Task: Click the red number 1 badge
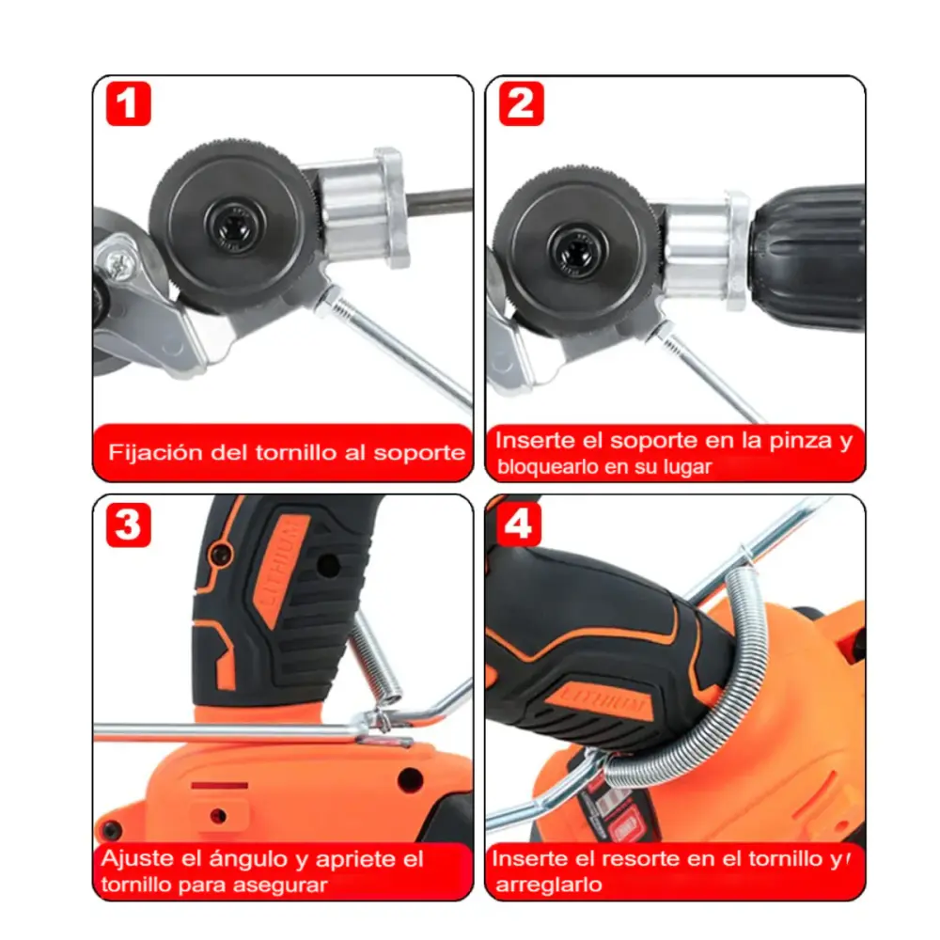point(128,103)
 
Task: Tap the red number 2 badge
point(521,103)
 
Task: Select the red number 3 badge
point(128,525)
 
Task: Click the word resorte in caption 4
point(640,858)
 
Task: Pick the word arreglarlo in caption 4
point(549,885)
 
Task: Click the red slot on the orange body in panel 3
point(219,785)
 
